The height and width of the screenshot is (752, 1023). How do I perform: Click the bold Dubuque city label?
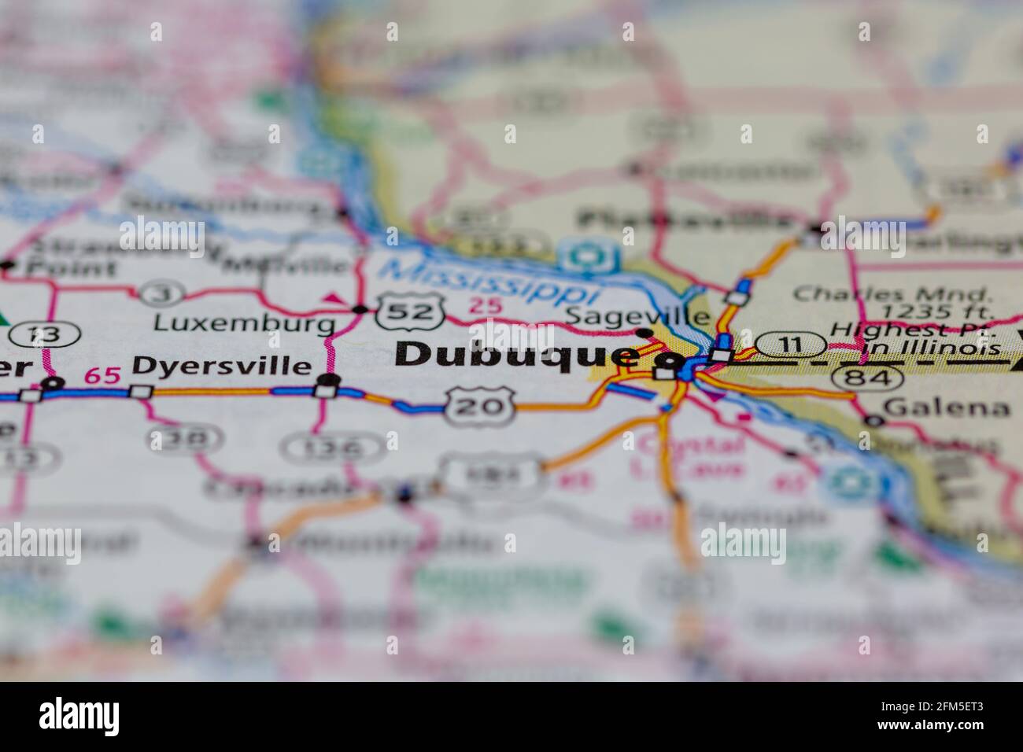tap(515, 354)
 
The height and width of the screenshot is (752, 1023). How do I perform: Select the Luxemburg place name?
tap(244, 323)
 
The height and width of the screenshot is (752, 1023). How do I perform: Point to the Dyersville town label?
tap(222, 366)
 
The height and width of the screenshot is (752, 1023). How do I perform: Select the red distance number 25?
tap(483, 306)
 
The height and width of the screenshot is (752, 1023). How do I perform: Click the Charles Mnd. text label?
tap(892, 294)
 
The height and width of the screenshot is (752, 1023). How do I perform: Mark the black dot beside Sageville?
tap(644, 332)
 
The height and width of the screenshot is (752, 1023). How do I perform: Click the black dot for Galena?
tap(872, 421)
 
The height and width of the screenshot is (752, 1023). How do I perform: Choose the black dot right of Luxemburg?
tap(360, 309)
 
